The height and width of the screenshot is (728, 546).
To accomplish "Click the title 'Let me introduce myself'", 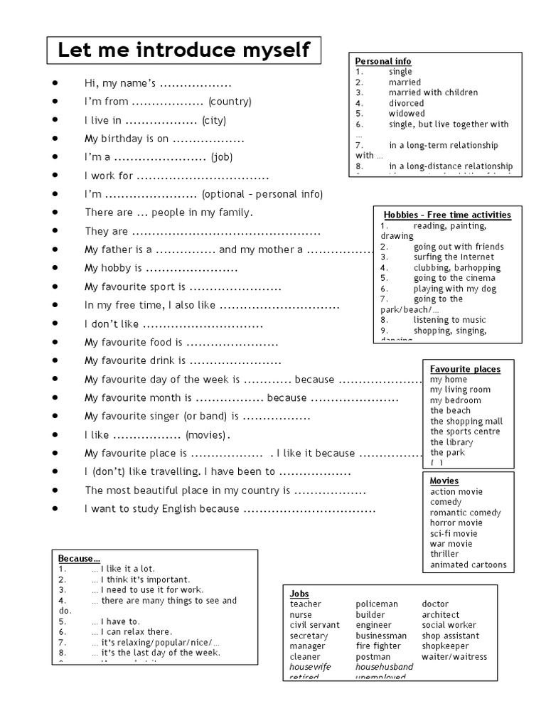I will [x=183, y=50].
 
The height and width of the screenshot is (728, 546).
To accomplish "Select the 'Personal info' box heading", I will [x=383, y=62].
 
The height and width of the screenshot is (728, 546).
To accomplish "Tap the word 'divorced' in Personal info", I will [x=407, y=103].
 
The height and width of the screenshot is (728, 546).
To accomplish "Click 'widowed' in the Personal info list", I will [x=407, y=114].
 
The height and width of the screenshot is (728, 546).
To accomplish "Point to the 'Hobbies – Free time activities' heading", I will [x=447, y=215].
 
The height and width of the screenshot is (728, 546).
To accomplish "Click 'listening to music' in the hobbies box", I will [x=449, y=320].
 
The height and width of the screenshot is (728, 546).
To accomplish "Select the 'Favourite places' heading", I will [x=465, y=369].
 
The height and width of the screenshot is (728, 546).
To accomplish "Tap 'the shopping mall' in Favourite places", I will [x=466, y=422].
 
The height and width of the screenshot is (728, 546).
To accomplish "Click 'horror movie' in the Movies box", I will [x=456, y=523].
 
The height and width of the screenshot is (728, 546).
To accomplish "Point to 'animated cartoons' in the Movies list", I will [x=469, y=565].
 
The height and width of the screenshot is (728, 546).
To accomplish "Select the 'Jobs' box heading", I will [x=299, y=594].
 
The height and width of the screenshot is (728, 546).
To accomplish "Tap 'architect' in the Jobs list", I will [x=441, y=615].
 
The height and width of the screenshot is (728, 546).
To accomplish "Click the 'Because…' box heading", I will [x=79, y=558].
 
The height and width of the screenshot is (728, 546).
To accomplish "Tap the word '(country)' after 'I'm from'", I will [x=230, y=102].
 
